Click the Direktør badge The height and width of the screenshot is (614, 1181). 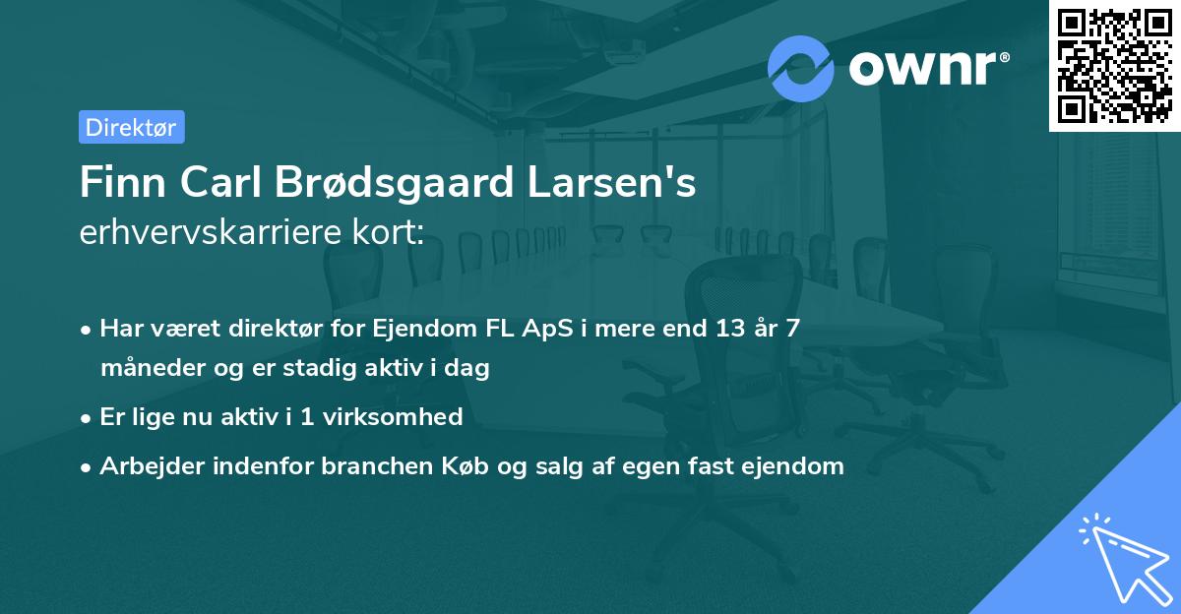coord(131,127)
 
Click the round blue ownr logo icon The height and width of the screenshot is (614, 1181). coord(801,68)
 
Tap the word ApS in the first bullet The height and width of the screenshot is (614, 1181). coord(541,329)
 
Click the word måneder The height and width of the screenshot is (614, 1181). coord(142,369)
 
